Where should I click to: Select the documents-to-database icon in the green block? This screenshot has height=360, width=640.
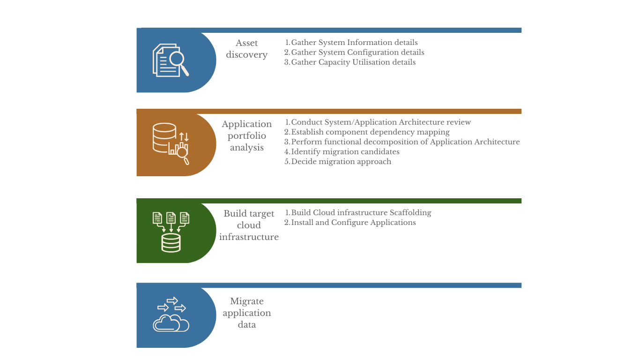click(x=171, y=232)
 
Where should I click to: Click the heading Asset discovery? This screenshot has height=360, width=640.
click(x=247, y=49)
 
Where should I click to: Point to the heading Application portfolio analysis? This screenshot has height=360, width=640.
click(x=247, y=136)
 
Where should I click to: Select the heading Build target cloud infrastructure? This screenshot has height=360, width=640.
click(x=249, y=225)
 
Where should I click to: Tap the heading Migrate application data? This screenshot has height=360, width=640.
click(x=247, y=313)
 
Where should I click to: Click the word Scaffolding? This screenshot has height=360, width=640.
click(x=410, y=212)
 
